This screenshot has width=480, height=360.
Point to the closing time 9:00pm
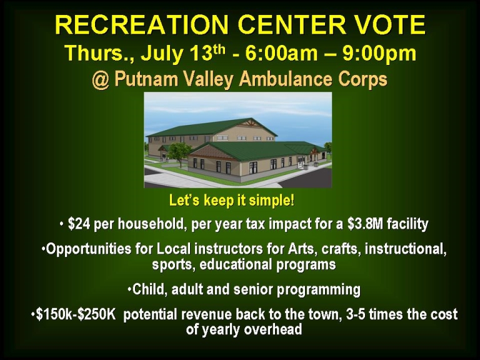[x=379, y=52]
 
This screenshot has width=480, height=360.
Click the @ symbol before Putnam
[x=101, y=79]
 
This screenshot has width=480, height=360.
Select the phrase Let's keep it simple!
[x=232, y=201]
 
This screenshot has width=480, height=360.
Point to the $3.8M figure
[x=365, y=224]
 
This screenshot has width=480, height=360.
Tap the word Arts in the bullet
[x=301, y=249]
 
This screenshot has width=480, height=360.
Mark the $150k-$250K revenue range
[x=76, y=315]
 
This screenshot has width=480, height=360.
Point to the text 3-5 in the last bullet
[x=356, y=315]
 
